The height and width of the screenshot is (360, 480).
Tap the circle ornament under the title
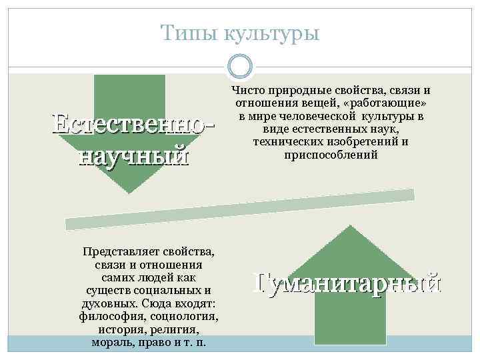coord(240,66)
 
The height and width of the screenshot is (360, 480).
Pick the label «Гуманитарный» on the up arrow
coord(347,283)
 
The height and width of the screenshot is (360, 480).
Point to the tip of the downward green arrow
coord(129,193)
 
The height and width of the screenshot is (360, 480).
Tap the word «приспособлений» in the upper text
coord(331,155)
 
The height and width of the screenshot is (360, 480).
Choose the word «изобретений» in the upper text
coord(361,142)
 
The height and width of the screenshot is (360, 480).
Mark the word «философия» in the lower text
coord(113,316)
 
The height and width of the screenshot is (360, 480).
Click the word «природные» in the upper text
coord(293,90)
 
